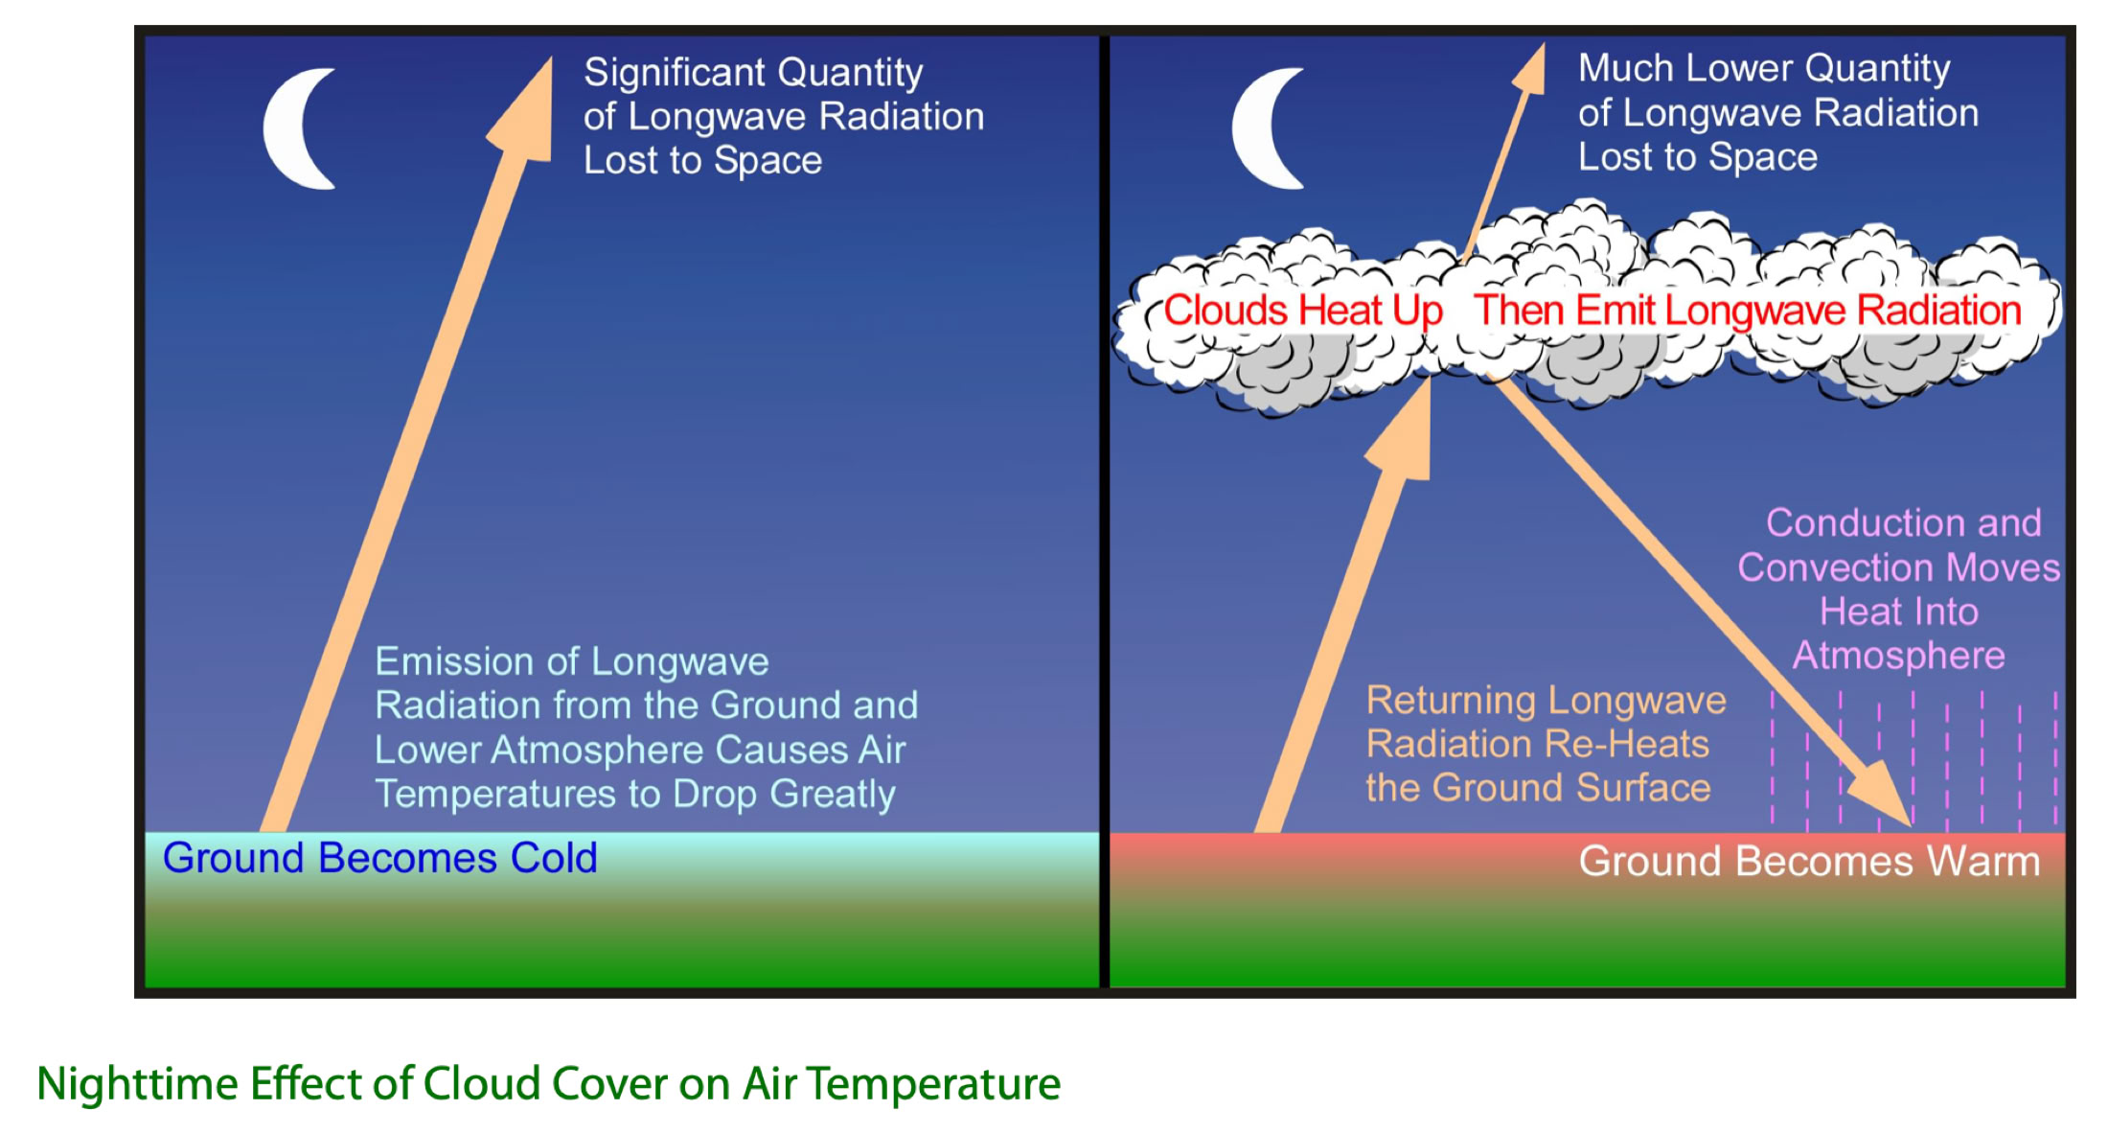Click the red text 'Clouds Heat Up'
click(1303, 311)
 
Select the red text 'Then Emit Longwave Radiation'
click(1748, 311)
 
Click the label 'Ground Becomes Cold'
click(379, 858)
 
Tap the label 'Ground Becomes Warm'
click(1809, 861)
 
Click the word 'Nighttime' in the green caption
click(137, 1085)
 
